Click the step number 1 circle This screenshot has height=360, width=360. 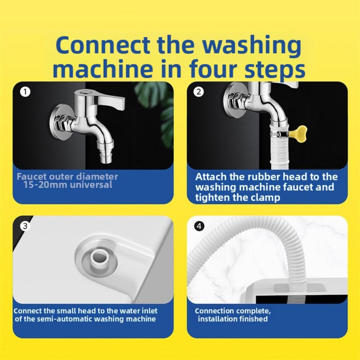[25, 92]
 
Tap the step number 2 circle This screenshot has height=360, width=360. [199, 92]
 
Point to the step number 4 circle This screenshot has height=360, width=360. [199, 226]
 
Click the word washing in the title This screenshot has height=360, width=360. [252, 45]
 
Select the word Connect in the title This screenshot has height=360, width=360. [102, 45]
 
